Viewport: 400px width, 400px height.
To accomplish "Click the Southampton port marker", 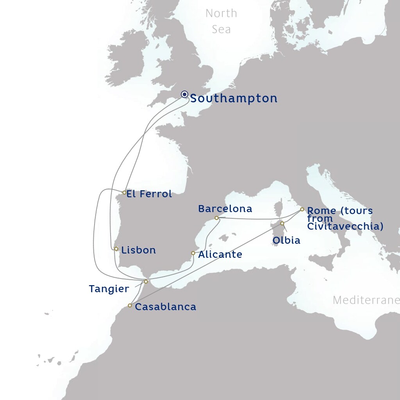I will point(185,95).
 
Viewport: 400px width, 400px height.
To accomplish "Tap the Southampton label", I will point(234,98).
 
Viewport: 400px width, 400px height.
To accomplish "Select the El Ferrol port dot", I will point(124,193).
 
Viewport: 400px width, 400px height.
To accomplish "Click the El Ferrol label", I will point(149,194).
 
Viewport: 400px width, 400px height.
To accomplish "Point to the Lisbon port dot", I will point(116,249).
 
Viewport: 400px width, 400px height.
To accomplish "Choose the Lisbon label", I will point(139,250).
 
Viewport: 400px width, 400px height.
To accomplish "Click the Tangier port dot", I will point(146,282).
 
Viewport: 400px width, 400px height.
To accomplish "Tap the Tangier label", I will point(109,289).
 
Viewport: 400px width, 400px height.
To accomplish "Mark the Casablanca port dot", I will point(130,305).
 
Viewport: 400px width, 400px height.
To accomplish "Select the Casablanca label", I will point(165,307).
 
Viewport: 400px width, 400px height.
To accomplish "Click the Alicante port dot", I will point(193,253).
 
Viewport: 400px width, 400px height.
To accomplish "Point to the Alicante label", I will point(220,255).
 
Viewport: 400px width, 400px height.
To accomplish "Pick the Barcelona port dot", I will point(216,218).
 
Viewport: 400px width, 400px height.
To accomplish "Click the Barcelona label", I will point(225,209).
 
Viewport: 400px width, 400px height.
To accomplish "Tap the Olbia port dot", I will point(282,223).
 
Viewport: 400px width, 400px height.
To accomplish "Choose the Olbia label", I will point(286,240).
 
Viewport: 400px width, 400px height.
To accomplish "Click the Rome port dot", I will point(302,209).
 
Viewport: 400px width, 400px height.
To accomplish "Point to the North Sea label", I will point(221,21).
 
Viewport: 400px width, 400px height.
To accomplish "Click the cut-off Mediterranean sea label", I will point(366,300).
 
